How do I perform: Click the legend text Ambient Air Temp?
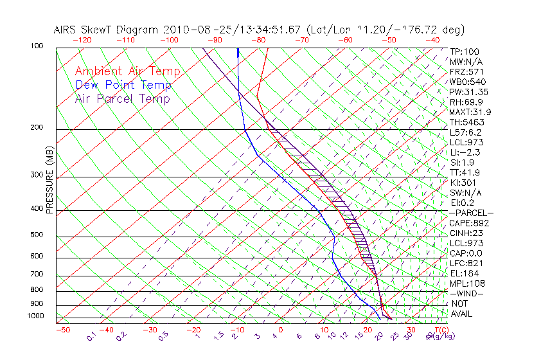pyautogui.click(x=127, y=71)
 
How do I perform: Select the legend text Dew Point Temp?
pyautogui.click(x=123, y=85)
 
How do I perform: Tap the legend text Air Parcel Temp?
pyautogui.click(x=122, y=98)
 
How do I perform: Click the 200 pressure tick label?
pyautogui.click(x=37, y=127)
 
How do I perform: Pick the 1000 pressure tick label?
pyautogui.click(x=35, y=316)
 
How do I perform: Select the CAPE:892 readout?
pyautogui.click(x=469, y=223)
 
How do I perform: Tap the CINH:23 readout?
pyautogui.click(x=467, y=233)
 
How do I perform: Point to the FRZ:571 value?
pyautogui.click(x=466, y=71)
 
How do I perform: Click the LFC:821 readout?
pyautogui.click(x=466, y=263)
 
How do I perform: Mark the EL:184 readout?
pyautogui.click(x=464, y=273)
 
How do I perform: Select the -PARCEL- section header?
pyautogui.click(x=471, y=213)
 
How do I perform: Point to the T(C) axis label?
pyautogui.click(x=439, y=330)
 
